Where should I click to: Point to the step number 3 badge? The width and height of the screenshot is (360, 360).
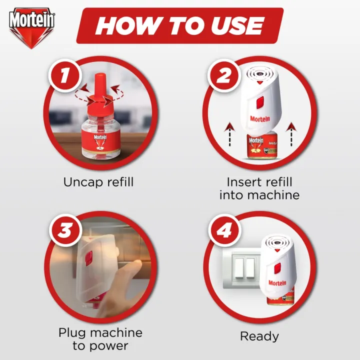[x=62, y=230]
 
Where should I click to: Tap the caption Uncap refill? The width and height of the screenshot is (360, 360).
[x=98, y=182]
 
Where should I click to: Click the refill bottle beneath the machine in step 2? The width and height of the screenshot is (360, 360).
[x=260, y=148]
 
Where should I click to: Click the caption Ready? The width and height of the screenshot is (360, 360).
[x=259, y=336]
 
